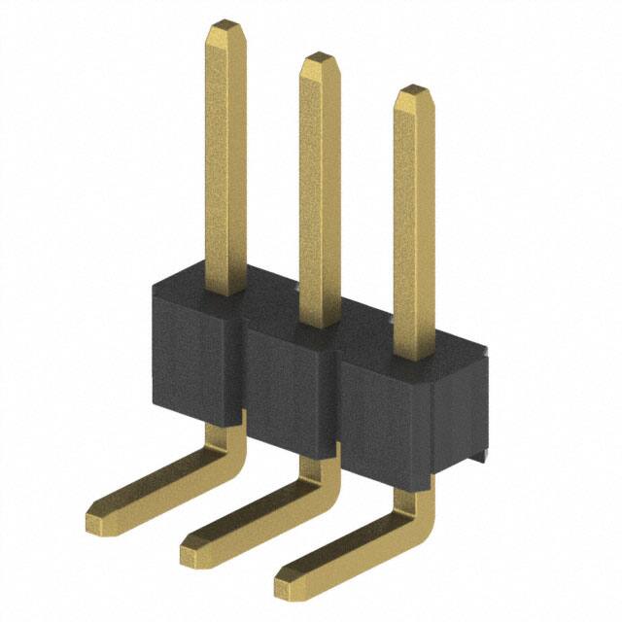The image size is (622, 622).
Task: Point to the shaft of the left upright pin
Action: (x=225, y=155)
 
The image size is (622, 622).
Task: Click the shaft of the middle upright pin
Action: (x=317, y=185)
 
